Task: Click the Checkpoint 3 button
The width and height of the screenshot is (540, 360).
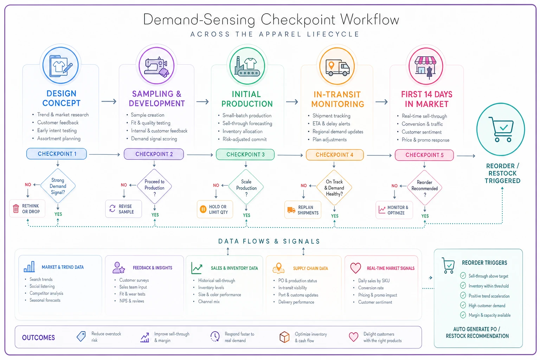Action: tap(245, 155)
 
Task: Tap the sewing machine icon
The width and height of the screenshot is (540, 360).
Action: tap(156, 66)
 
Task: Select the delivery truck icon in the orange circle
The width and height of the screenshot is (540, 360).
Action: tap(337, 67)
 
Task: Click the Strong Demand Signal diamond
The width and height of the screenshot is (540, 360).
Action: tap(58, 186)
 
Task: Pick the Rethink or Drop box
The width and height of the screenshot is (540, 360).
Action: tap(27, 208)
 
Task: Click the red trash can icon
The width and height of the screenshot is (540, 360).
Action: tap(16, 208)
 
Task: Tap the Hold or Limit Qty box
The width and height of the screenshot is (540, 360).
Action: tap(215, 209)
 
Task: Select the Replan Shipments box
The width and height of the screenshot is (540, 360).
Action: tap(303, 210)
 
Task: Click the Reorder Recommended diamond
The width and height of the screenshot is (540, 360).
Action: tap(425, 188)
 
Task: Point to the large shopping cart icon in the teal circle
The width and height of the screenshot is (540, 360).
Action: tap(501, 129)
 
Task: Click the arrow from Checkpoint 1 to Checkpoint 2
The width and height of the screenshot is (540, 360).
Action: tap(105, 154)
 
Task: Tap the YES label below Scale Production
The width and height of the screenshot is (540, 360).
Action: tap(246, 215)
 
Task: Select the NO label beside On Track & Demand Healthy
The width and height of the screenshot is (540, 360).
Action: tap(303, 185)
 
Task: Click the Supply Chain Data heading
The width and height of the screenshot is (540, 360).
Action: tap(310, 268)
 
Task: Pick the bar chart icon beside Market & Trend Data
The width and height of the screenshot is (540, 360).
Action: tap(29, 267)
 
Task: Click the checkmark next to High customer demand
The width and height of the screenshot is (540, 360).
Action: tap(463, 305)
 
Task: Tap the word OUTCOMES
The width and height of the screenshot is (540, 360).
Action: tap(39, 337)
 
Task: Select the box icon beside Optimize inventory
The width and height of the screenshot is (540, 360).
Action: tap(284, 337)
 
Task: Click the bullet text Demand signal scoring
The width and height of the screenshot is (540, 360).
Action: tap(154, 139)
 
